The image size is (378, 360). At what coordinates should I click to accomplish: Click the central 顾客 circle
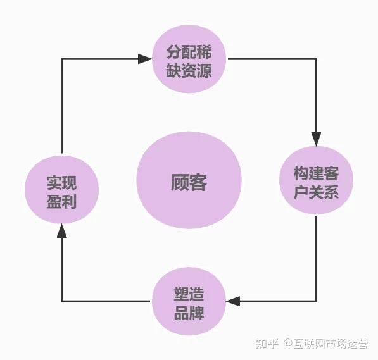point(189,180)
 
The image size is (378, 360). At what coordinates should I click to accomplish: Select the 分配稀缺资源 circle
point(189,59)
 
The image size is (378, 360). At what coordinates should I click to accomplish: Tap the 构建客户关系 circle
point(316,180)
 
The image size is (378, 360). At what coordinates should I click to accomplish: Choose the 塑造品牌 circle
point(189,301)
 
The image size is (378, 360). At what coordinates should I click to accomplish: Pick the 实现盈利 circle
point(61,190)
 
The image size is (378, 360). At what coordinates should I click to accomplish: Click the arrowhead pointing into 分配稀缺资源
point(145,59)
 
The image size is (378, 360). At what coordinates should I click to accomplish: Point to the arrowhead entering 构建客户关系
point(316,139)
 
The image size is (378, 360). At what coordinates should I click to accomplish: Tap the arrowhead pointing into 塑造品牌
point(233,301)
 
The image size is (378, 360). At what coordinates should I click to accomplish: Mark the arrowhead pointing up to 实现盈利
point(61,230)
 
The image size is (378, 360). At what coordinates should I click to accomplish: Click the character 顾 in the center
point(180,182)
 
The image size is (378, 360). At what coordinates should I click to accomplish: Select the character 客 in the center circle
point(198,182)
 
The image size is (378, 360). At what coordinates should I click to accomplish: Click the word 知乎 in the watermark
point(267,344)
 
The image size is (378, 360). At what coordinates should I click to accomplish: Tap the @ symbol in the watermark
point(288,344)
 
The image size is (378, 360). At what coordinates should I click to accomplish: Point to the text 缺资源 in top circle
point(189,71)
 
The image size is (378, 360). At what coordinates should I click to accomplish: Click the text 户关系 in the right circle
point(316,192)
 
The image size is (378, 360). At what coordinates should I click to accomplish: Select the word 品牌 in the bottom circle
point(189,313)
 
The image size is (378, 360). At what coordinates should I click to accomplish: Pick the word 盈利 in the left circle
point(61,201)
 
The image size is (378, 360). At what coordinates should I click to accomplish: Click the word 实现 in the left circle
point(61,183)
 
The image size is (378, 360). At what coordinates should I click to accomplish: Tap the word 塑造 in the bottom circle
point(189,294)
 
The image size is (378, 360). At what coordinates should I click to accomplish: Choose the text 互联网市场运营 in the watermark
point(331,344)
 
